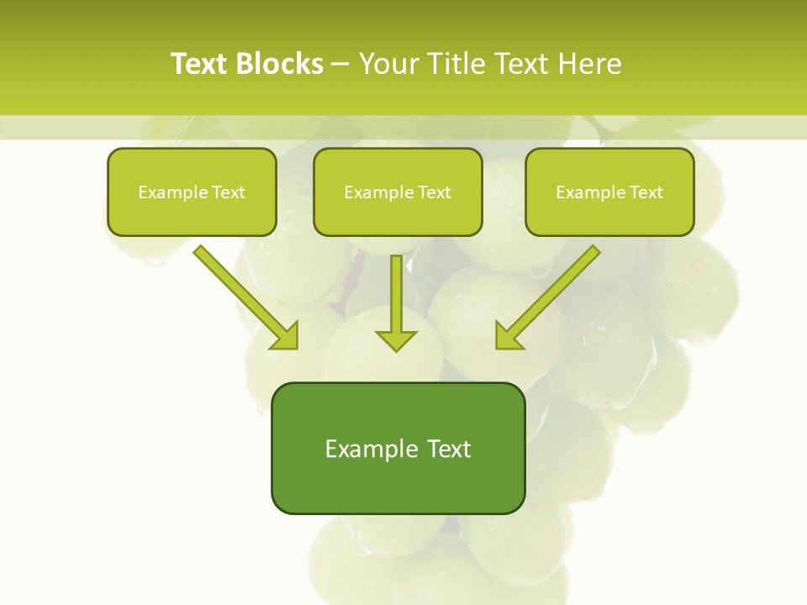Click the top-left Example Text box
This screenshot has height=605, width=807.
click(192, 192)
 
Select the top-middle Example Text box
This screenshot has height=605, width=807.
click(398, 192)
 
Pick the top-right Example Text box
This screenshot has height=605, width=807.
click(609, 192)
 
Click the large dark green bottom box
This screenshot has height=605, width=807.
click(398, 448)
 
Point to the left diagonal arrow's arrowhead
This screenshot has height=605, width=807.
click(286, 336)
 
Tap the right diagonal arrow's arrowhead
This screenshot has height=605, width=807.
click(507, 336)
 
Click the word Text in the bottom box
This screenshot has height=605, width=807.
click(449, 449)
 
